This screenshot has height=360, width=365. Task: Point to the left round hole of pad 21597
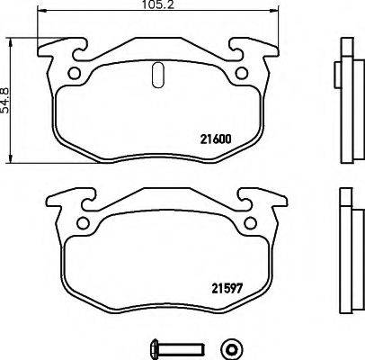click(x=83, y=225)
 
